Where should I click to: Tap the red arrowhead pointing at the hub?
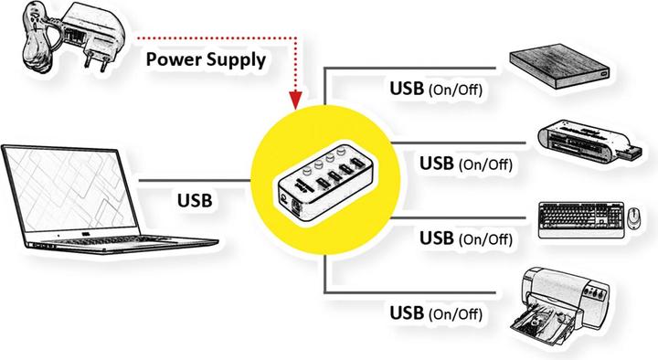click(x=295, y=99)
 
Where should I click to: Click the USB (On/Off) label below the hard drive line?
click(x=435, y=90)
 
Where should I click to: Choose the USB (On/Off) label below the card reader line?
click(x=465, y=164)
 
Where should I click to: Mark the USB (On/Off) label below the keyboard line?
click(x=465, y=238)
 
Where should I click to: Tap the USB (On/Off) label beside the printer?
click(x=435, y=312)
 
